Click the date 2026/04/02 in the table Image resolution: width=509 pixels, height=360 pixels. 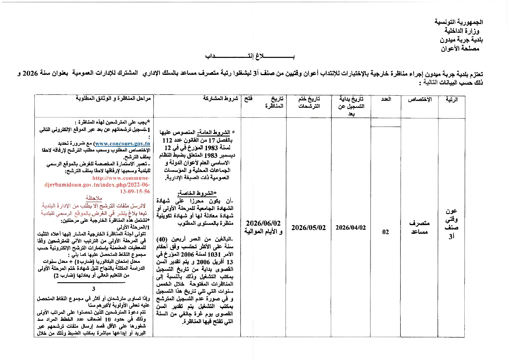pos(351,228)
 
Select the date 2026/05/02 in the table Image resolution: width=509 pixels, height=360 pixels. pos(308,228)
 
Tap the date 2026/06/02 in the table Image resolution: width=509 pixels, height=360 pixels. pos(263,223)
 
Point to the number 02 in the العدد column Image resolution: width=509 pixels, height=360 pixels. pos(385,232)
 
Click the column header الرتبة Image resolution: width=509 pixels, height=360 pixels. pos(452,100)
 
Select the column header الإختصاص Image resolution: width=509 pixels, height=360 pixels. pos(420,100)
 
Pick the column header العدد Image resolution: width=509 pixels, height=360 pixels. pos(386,99)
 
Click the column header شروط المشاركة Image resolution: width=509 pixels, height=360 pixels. pos(221,99)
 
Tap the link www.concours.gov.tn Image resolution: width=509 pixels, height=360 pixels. pos(122,144)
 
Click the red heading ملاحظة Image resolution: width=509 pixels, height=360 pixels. pos(94,198)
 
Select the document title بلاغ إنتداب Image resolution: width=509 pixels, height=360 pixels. pos(250,56)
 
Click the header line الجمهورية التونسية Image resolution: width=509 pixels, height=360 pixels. pos(459,22)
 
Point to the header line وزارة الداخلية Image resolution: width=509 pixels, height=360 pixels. pos(462,31)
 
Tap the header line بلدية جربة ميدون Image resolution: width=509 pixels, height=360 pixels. pos(461,39)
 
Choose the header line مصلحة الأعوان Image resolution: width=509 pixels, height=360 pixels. pos(460,48)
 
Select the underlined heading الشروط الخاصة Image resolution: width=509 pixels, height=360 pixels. pos(197,193)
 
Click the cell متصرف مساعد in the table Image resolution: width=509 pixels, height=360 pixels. pos(419,227)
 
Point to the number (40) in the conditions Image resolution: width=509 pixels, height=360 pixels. pos(162,239)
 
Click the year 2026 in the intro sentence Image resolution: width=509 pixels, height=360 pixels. pos(30,73)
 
